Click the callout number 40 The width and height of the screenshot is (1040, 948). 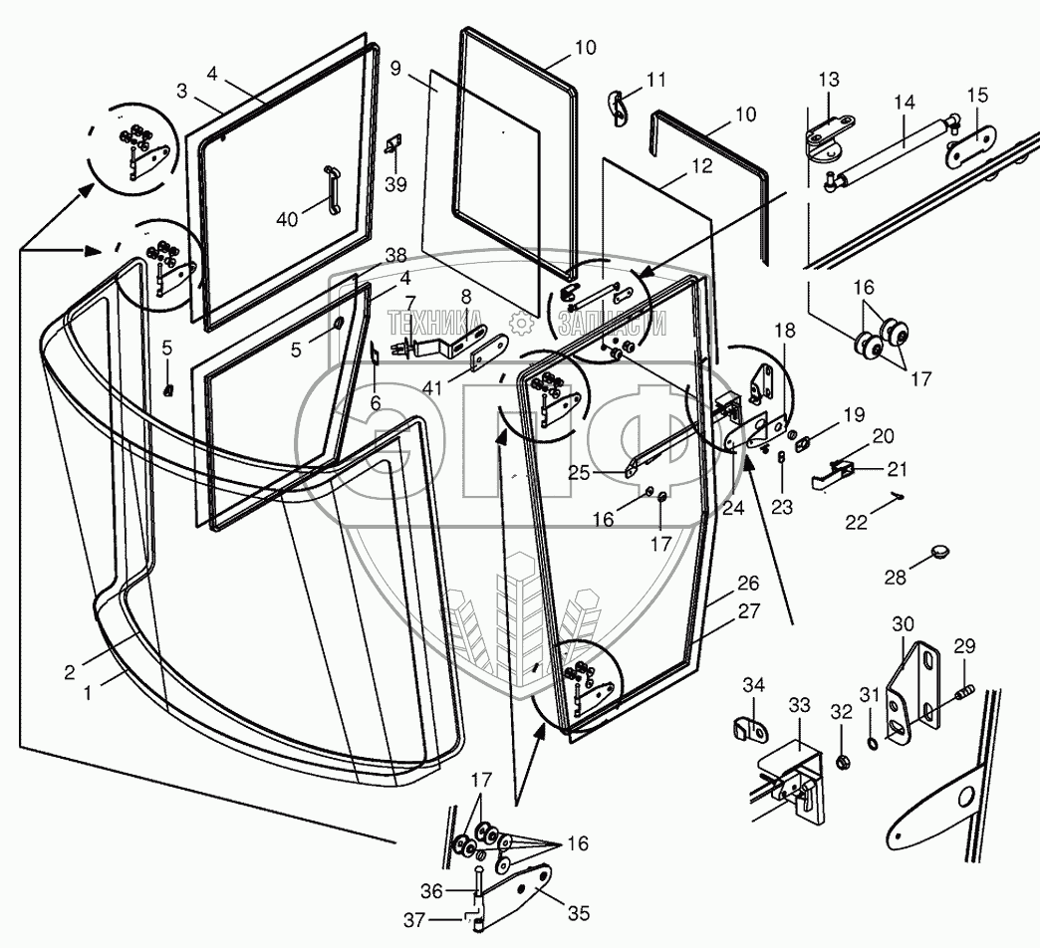tap(287, 219)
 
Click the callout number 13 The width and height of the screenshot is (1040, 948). tap(829, 80)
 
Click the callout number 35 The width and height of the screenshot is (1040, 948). tap(579, 913)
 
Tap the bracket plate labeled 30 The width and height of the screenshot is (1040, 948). tap(913, 693)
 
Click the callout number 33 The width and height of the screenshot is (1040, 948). tap(800, 705)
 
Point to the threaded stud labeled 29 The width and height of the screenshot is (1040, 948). tap(964, 693)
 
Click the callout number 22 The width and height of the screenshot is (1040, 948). tap(857, 523)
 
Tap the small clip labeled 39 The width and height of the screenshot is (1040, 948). tap(394, 142)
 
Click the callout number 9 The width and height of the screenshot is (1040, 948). tap(395, 69)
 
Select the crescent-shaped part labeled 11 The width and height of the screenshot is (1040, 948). tap(618, 108)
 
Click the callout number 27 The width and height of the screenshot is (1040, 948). tap(748, 610)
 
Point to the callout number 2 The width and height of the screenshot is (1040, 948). tap(70, 672)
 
